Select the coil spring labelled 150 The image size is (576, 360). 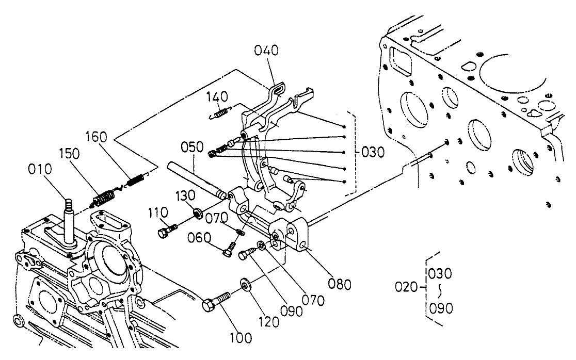pos(105,198)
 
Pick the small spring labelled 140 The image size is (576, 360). pos(220,112)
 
